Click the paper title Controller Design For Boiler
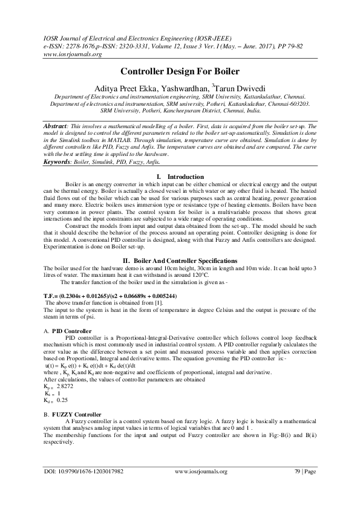pos(180,71)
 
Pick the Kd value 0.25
pos(62,400)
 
